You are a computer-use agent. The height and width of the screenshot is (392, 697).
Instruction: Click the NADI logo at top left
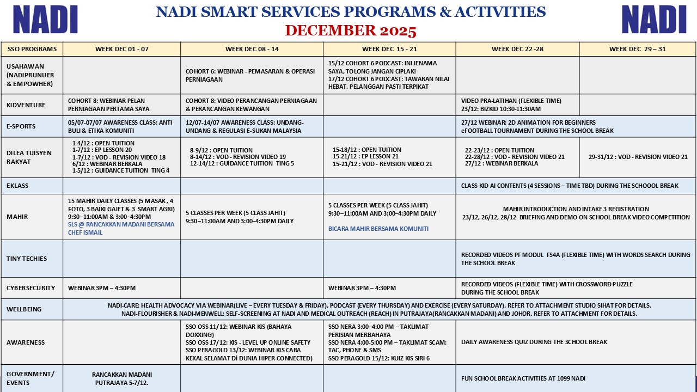pyautogui.click(x=45, y=20)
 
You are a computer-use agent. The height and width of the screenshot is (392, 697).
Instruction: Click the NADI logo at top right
pyautogui.click(x=653, y=20)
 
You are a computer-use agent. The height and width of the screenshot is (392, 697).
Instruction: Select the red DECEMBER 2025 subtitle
pyautogui.click(x=351, y=30)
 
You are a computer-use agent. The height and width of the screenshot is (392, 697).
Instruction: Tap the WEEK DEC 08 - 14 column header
pyautogui.click(x=252, y=49)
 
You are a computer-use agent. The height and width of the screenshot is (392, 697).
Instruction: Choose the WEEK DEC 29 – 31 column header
pyautogui.click(x=637, y=49)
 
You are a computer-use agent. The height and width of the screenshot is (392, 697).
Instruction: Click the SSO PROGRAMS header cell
pyautogui.click(x=32, y=49)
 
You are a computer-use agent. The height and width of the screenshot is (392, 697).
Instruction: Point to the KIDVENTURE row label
pyautogui.click(x=26, y=105)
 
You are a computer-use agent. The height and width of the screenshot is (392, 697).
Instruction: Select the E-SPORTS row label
pyautogui.click(x=21, y=126)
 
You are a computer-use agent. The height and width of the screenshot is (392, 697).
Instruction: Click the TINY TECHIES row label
pyautogui.click(x=27, y=259)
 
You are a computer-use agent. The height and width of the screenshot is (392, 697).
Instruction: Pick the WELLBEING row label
pyautogui.click(x=24, y=309)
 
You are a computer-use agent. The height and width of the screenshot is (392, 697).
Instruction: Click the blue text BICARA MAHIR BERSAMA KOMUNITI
pyautogui.click(x=378, y=229)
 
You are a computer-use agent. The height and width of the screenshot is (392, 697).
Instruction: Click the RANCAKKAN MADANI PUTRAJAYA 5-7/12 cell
pyautogui.click(x=122, y=378)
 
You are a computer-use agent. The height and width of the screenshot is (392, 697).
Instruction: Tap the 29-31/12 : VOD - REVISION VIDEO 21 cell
pyautogui.click(x=638, y=157)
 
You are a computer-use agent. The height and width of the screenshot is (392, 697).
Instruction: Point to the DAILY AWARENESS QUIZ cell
pyautogui.click(x=534, y=342)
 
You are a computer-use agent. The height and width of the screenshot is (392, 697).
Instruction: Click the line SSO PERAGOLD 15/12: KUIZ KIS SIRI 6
pyautogui.click(x=379, y=358)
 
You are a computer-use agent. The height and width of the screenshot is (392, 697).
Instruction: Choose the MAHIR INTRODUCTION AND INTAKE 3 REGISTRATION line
pyautogui.click(x=576, y=209)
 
